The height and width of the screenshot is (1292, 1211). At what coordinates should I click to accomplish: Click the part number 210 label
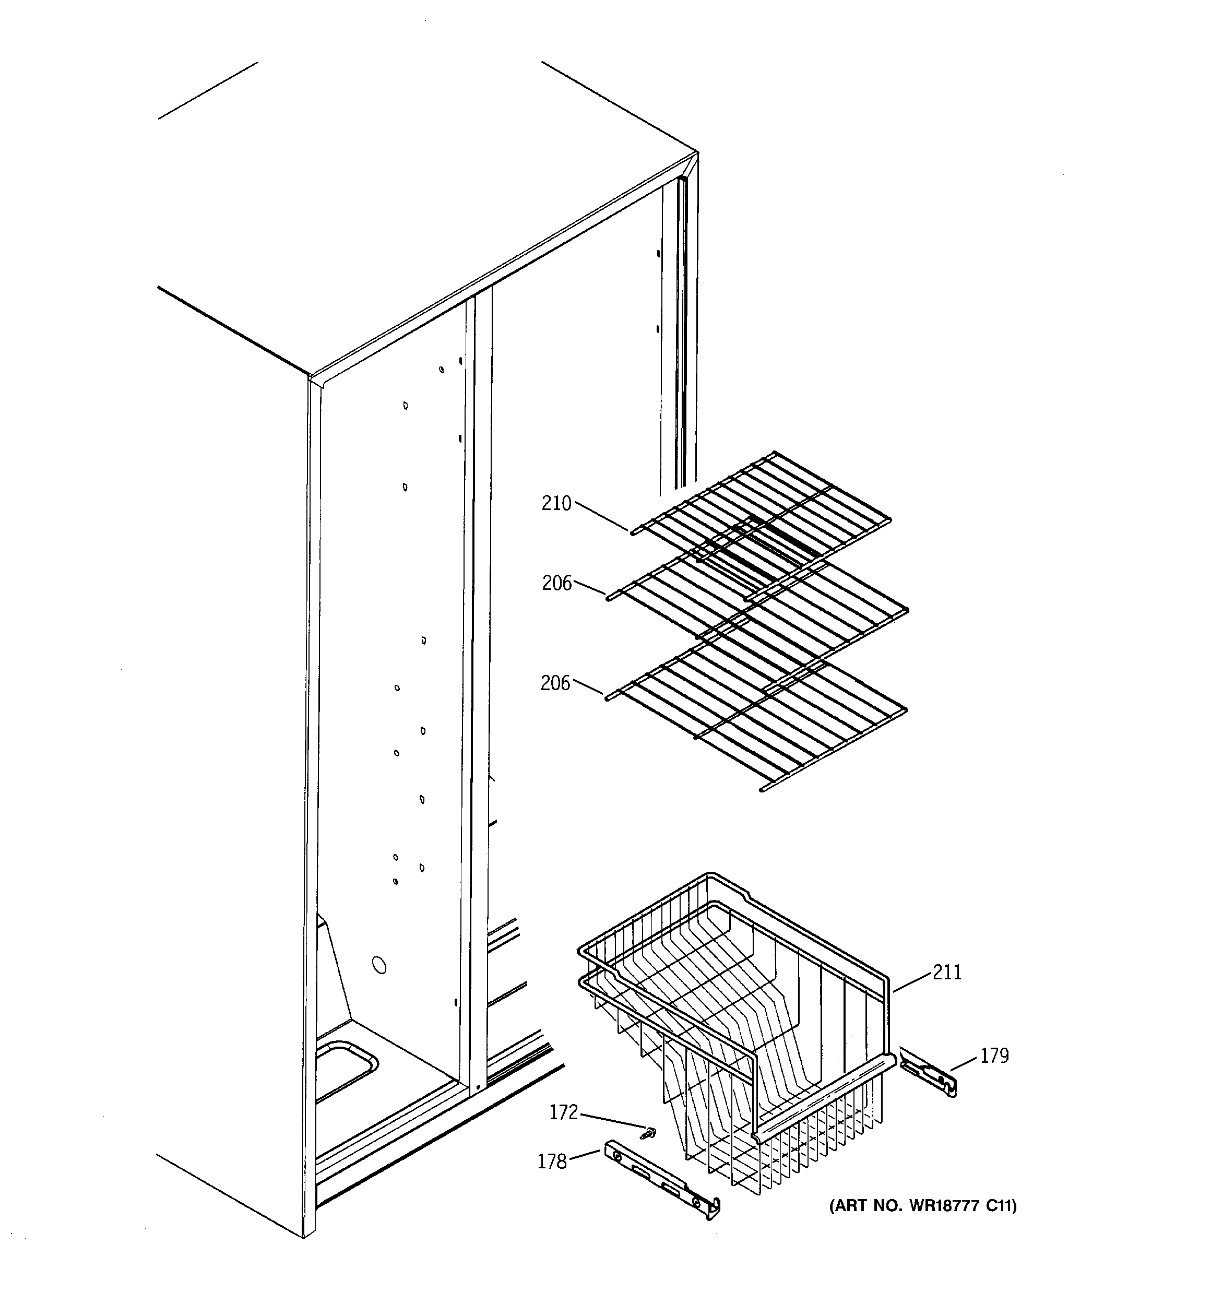tap(556, 504)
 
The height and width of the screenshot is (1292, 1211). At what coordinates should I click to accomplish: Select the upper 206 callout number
tap(557, 584)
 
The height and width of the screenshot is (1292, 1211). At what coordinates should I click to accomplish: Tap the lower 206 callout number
tap(555, 683)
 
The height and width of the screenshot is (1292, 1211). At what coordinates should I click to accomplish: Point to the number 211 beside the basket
tap(947, 973)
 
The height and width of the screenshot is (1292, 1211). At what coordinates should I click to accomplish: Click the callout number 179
tap(994, 1056)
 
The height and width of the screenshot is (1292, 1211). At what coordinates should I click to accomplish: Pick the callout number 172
tap(564, 1113)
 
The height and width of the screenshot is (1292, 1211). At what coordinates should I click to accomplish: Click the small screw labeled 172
tap(649, 1133)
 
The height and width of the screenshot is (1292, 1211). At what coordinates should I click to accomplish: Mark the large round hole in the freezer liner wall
tap(378, 965)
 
